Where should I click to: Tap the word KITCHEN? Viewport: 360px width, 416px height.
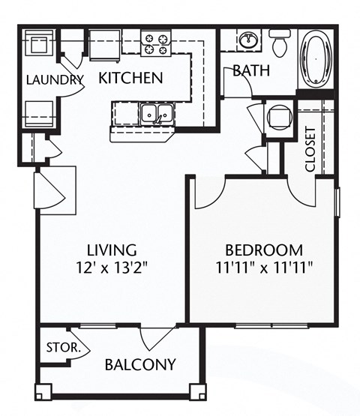[x=130, y=77]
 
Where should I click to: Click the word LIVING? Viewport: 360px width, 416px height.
[x=111, y=250]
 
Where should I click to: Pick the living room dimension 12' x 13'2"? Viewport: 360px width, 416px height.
[x=111, y=266]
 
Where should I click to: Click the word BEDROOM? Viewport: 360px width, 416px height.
[x=264, y=250]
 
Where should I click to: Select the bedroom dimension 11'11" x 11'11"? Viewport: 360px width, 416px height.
[x=264, y=266]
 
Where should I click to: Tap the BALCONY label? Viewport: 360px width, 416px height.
[x=140, y=365]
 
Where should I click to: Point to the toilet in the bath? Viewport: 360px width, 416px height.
[x=280, y=44]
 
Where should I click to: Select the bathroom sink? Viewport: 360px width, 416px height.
[x=247, y=39]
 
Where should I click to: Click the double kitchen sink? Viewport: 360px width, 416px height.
[x=156, y=114]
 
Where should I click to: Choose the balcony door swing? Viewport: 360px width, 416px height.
[x=160, y=339]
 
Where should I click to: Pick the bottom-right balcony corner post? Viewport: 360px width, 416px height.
[x=199, y=392]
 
